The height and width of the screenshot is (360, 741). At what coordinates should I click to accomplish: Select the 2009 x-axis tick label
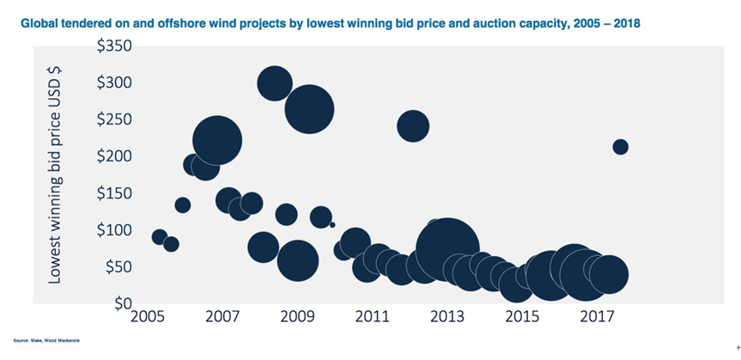[x=297, y=318]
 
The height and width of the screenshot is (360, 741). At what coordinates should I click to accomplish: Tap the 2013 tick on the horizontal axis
[x=447, y=318]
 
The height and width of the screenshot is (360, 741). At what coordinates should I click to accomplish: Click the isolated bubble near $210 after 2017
[x=620, y=147]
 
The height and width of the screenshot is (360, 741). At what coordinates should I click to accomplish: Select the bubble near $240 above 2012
[x=413, y=126]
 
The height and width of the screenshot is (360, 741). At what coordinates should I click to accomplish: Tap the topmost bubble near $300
[x=275, y=82]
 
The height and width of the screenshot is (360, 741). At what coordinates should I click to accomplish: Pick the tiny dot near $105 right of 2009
[x=332, y=224]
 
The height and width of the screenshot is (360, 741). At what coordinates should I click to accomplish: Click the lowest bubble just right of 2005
[x=171, y=244]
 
